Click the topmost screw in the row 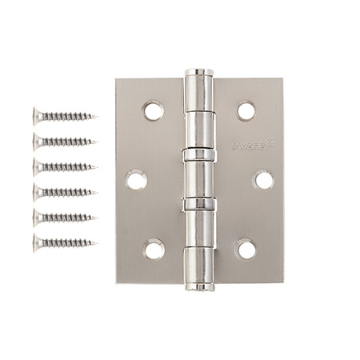click(64, 117)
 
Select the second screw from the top click(64, 142)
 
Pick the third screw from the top click(64, 166)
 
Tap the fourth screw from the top click(64, 191)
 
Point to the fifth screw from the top click(64, 217)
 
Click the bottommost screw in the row click(64, 242)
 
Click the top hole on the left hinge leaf click(154, 110)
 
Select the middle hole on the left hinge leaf click(137, 180)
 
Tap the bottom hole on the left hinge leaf click(154, 249)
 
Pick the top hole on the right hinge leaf click(246, 110)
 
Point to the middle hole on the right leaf click(263, 180)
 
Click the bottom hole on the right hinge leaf click(246, 249)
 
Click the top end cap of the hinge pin click(199, 74)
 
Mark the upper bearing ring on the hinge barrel click(199, 154)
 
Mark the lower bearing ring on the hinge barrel click(199, 205)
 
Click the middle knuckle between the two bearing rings click(199, 179)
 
